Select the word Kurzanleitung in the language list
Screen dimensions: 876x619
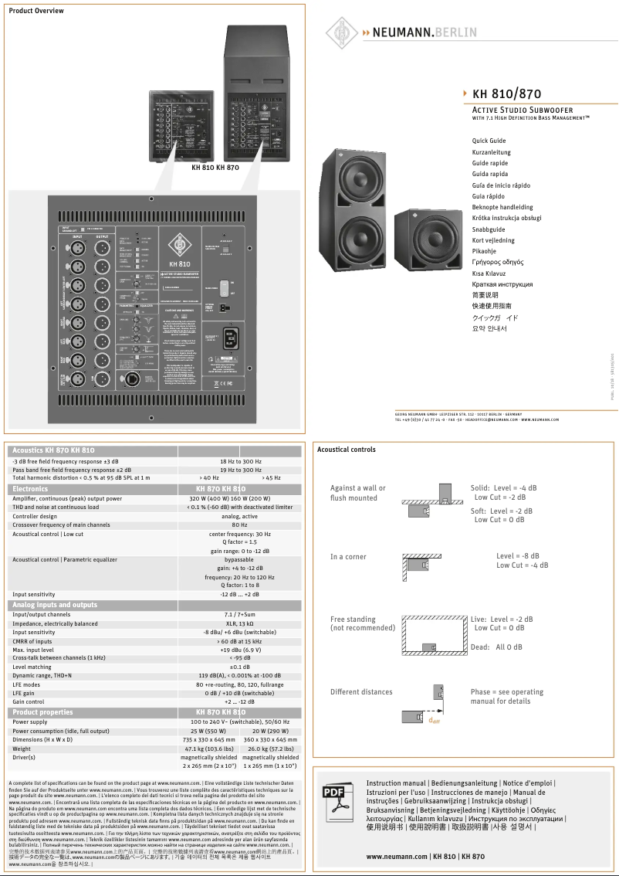click(x=491, y=152)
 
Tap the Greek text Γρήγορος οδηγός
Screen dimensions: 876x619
click(x=497, y=262)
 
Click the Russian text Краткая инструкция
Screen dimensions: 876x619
click(x=502, y=284)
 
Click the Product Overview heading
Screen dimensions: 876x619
click(x=36, y=11)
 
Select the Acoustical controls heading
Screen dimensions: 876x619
click(x=347, y=450)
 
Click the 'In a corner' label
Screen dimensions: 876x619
click(x=348, y=557)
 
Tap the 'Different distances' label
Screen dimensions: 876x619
click(x=361, y=692)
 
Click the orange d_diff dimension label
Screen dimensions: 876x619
click(x=434, y=721)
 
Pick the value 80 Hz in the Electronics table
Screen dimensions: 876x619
click(x=239, y=525)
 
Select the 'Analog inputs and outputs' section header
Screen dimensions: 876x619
click(x=55, y=605)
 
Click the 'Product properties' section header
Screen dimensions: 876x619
click(x=42, y=712)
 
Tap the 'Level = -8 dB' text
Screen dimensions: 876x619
click(x=518, y=556)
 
